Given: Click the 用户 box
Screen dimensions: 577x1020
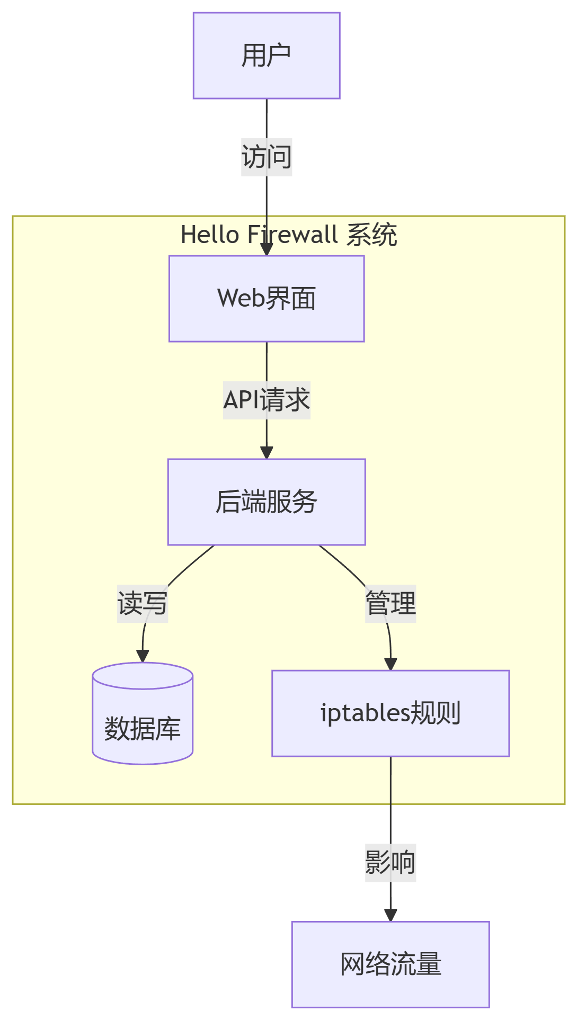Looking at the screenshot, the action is tap(267, 56).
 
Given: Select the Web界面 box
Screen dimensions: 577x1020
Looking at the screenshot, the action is tap(267, 299).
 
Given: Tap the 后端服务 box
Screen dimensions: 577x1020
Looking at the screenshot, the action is tap(267, 502).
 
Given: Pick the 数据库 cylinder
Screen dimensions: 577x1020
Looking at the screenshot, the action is tap(143, 713).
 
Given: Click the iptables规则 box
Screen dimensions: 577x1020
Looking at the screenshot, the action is tap(390, 713).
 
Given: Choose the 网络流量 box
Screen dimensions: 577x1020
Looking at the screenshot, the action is tap(390, 964).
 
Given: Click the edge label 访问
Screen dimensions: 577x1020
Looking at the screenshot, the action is tap(267, 157).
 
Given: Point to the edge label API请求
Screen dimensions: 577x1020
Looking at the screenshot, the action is tap(267, 400).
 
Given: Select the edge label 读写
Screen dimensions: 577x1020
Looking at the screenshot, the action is tap(143, 603).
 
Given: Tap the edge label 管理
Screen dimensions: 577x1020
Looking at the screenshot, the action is tap(390, 603).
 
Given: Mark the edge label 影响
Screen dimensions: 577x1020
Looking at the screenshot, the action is tap(390, 863).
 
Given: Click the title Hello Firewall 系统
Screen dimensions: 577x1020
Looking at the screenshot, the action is tap(289, 235).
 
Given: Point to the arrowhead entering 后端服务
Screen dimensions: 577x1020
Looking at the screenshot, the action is tap(267, 452).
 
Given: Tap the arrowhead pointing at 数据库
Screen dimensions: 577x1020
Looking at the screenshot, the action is tap(143, 656).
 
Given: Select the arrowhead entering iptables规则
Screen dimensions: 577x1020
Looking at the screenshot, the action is tap(390, 664).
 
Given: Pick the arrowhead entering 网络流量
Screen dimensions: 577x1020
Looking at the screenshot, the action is tap(390, 915).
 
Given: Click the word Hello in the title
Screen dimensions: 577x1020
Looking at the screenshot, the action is tap(210, 235).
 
